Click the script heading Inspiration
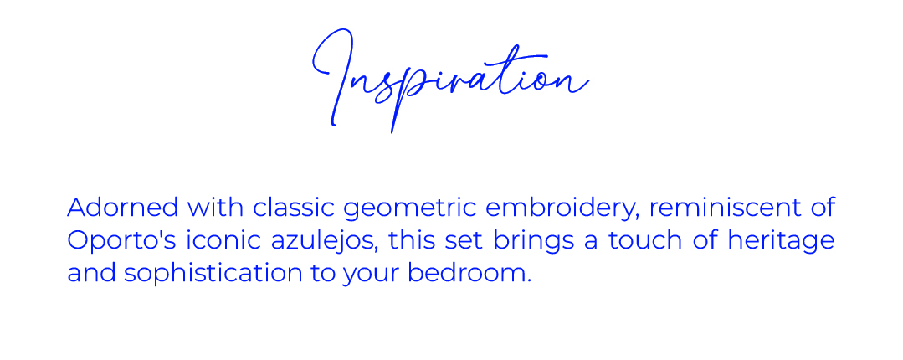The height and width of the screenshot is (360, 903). [x=450, y=80]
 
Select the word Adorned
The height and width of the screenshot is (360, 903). [x=123, y=208]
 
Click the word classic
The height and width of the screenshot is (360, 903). [x=294, y=208]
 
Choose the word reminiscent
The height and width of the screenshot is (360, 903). [x=727, y=208]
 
